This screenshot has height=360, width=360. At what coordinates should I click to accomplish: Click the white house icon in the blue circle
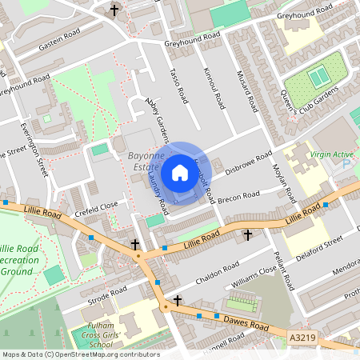pos(179,171)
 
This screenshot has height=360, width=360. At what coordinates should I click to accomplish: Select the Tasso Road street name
pos(178,85)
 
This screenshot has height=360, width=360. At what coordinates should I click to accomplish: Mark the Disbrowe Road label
pos(249,162)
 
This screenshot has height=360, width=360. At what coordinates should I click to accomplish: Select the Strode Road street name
pos(109,294)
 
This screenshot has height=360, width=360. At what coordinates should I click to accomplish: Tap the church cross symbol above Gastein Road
pos(114,10)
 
